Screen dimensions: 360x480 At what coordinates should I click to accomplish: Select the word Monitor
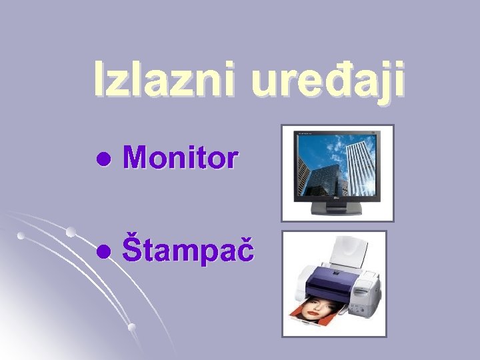click(x=180, y=159)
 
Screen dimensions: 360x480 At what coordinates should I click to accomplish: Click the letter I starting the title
click(x=98, y=80)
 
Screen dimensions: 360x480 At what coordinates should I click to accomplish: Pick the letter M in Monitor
click(x=135, y=159)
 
